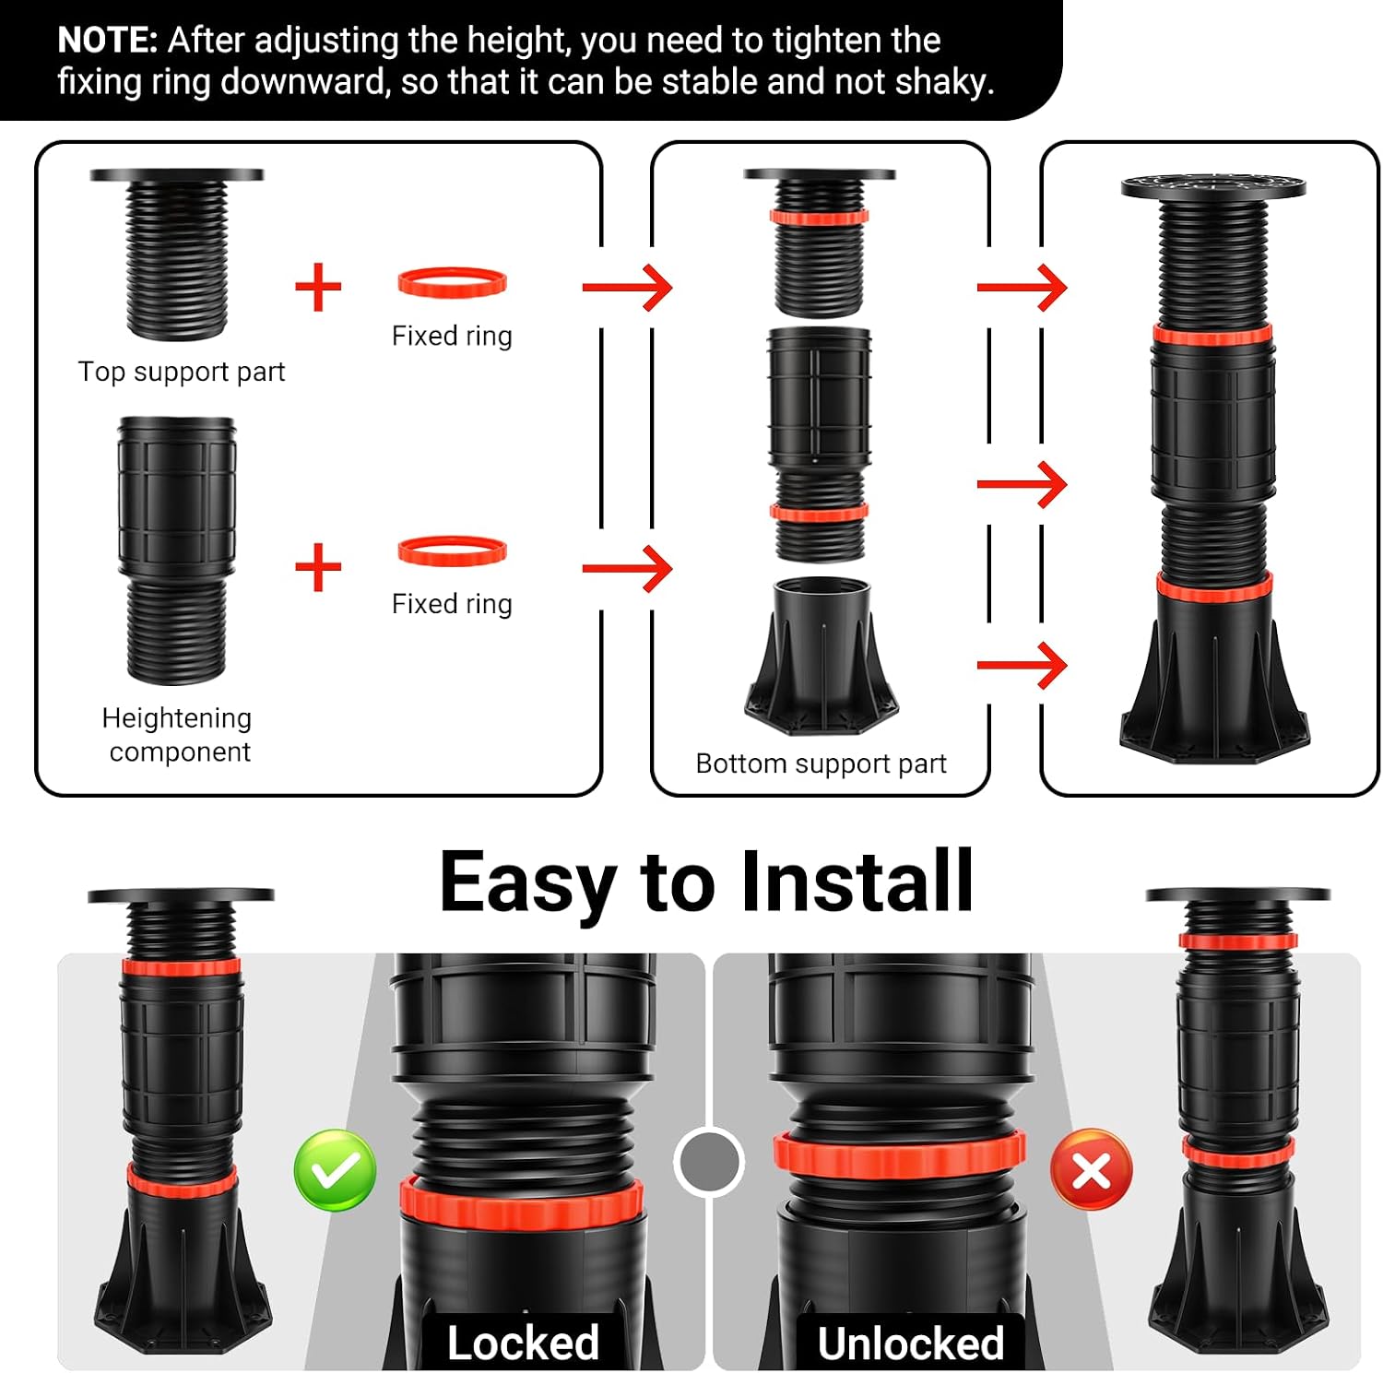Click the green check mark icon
(x=335, y=1170)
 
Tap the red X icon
(x=1092, y=1170)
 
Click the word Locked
(x=523, y=1343)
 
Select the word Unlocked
(x=911, y=1343)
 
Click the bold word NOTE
(x=108, y=41)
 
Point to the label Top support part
(x=182, y=372)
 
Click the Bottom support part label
(x=821, y=763)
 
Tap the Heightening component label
(x=177, y=735)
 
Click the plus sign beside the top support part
(x=318, y=287)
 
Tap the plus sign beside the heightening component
(x=318, y=566)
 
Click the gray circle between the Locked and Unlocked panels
(x=708, y=1162)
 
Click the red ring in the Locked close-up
(x=521, y=1201)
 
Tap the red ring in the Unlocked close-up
(x=899, y=1153)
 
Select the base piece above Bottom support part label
(x=821, y=656)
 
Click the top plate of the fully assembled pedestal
(x=1213, y=186)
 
